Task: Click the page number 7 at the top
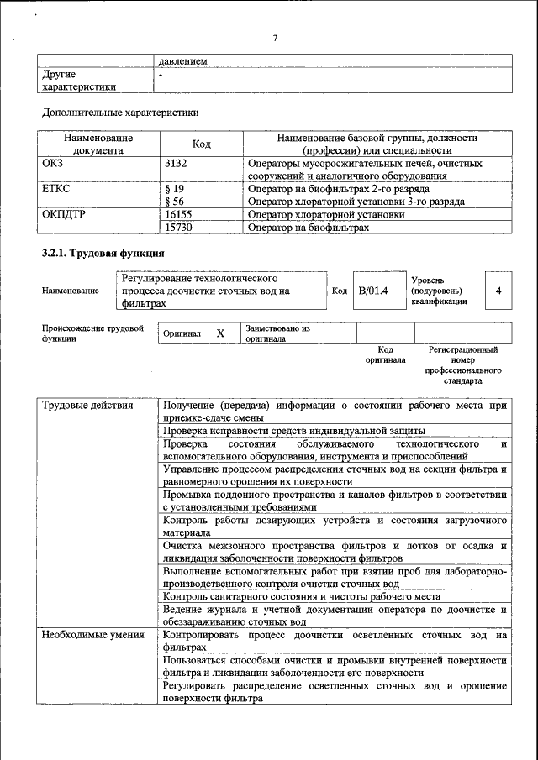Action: (275, 38)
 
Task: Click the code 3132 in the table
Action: (177, 163)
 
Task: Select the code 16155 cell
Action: (179, 215)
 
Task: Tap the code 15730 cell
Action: (179, 228)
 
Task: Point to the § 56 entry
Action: (174, 202)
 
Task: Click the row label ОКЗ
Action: (53, 163)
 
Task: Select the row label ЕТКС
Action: (56, 189)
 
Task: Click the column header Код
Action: (202, 144)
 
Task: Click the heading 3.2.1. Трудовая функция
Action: (103, 253)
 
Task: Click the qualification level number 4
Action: (498, 291)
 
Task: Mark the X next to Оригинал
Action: (220, 333)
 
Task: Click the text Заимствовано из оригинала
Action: (277, 333)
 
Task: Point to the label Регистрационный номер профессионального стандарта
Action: (463, 364)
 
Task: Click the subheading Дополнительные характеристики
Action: (120, 112)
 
